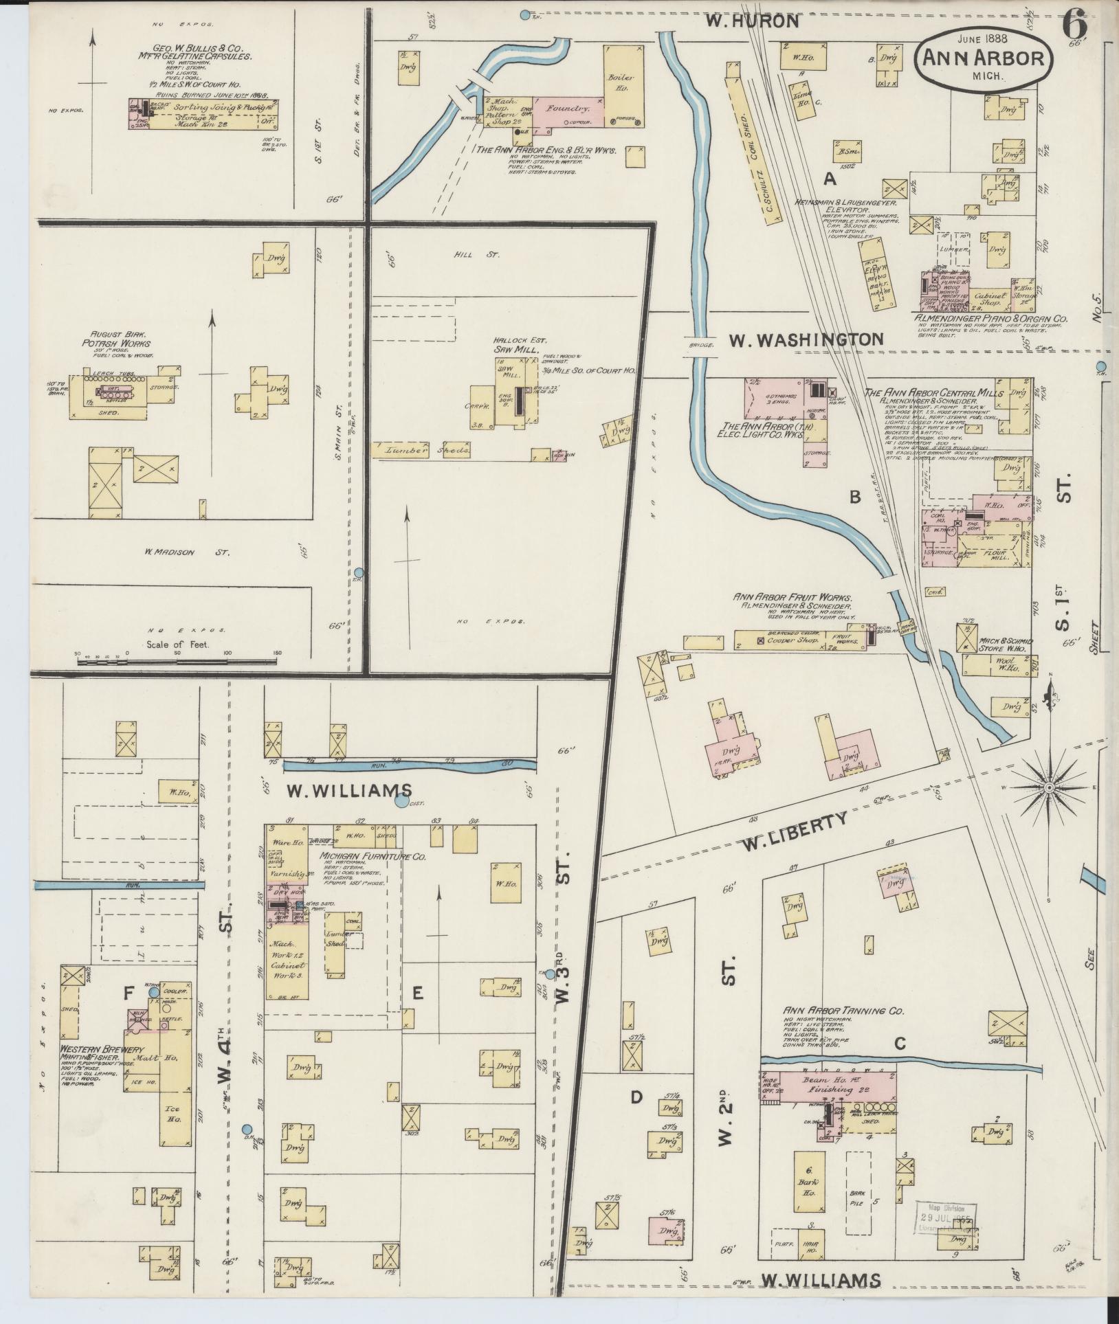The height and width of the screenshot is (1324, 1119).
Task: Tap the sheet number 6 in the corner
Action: tap(1074, 27)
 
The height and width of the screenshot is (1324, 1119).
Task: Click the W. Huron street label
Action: tap(752, 21)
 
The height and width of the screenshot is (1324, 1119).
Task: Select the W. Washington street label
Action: tap(806, 339)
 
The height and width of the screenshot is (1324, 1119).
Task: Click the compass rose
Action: tap(1050, 787)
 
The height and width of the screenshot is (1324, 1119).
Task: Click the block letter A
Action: tap(830, 179)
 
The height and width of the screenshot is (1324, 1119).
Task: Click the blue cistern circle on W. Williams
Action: tap(401, 800)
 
